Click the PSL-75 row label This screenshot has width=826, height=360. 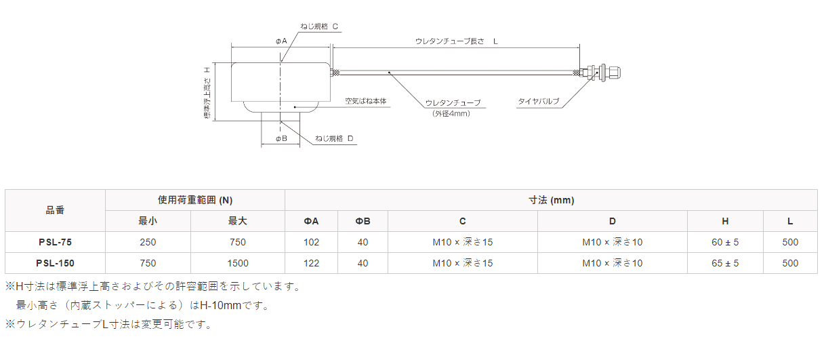coord(56,242)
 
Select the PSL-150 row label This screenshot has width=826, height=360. coord(56,263)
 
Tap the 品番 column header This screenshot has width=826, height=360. coord(56,210)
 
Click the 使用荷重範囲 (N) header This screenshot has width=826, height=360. coord(195,200)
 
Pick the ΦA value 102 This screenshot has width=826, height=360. coord(311,242)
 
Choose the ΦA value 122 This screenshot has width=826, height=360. coord(311,263)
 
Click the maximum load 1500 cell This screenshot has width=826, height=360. coord(238,263)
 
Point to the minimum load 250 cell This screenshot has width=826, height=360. coord(148,242)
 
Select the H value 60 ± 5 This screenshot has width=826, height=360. coord(725,242)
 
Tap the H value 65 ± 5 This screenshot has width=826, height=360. coord(725,263)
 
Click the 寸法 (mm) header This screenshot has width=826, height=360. coord(551,200)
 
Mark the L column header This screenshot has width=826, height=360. coord(790,221)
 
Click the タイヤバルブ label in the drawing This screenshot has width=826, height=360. coord(539,102)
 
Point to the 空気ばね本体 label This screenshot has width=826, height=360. coord(365,101)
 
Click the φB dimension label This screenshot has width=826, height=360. coord(281,138)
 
